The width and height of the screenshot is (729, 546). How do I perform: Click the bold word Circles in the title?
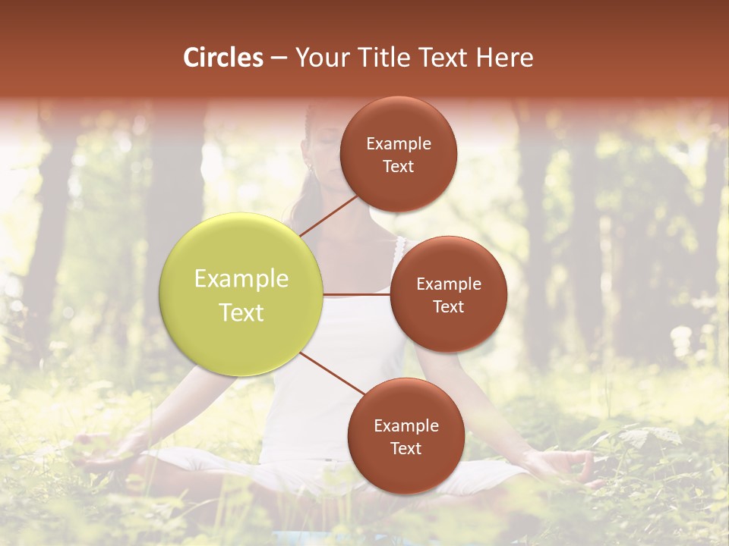pos(223,58)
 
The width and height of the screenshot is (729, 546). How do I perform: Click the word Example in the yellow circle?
pos(241,279)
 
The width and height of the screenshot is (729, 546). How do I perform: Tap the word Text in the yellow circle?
pos(241,312)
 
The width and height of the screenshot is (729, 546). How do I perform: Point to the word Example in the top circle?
pos(398,144)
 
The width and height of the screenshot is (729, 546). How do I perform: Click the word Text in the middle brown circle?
pos(448,307)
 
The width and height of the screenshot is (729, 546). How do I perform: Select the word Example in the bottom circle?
pos(406,426)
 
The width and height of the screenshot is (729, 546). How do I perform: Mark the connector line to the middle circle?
pos(357,294)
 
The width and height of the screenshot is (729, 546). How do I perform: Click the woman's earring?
pos(308,166)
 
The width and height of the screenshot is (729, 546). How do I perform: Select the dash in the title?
pos(279,58)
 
